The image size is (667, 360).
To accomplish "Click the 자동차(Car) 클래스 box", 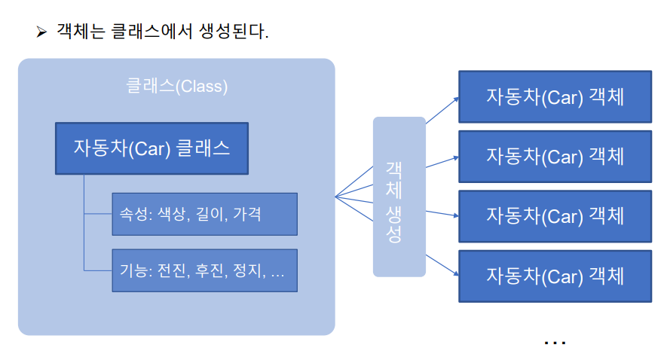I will point(151,148).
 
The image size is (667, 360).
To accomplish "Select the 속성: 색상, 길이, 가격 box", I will point(204,213).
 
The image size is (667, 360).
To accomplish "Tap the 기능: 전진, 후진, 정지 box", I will point(204,270).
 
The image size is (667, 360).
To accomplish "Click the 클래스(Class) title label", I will point(176,87).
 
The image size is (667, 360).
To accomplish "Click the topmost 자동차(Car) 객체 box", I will point(555,96).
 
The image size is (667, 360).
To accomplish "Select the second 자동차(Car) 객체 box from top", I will point(555,157).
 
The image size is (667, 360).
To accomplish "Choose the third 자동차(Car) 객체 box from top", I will point(555,216).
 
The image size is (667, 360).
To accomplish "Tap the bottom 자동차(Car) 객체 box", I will point(555,276).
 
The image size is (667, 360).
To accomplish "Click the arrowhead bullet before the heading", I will point(41,32).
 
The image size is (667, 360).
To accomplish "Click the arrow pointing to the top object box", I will point(443,108).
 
